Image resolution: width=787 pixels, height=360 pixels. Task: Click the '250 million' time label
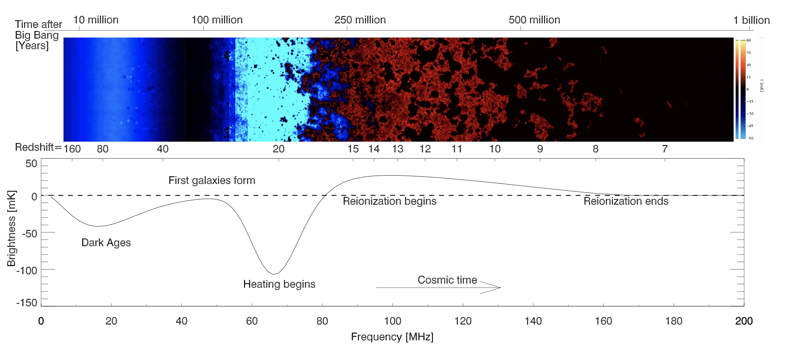tap(360, 20)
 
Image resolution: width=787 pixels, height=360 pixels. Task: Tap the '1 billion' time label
tap(751, 20)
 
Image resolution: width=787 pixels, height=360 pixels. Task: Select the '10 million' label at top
tap(96, 20)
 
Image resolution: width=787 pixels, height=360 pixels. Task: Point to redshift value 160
tap(72, 149)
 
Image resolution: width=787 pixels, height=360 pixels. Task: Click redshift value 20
tap(278, 149)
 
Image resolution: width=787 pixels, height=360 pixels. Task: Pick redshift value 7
tap(664, 149)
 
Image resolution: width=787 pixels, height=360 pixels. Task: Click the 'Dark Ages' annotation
tap(106, 243)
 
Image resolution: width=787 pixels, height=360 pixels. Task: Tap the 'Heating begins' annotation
tap(279, 284)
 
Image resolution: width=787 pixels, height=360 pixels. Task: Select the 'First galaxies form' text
tap(212, 180)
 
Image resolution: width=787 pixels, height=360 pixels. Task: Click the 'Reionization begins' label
tap(389, 201)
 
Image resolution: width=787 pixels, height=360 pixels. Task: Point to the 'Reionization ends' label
tap(626, 201)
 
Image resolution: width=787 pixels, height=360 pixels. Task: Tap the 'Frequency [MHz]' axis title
tap(392, 337)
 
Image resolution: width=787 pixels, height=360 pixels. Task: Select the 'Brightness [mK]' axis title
tap(11, 228)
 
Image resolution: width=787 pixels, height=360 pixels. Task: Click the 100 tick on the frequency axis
tap(392, 321)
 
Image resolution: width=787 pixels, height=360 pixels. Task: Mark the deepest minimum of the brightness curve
tap(274, 274)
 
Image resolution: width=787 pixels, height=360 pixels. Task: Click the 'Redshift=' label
tap(38, 147)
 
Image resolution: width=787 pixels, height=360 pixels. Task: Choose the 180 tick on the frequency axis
tap(674, 321)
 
